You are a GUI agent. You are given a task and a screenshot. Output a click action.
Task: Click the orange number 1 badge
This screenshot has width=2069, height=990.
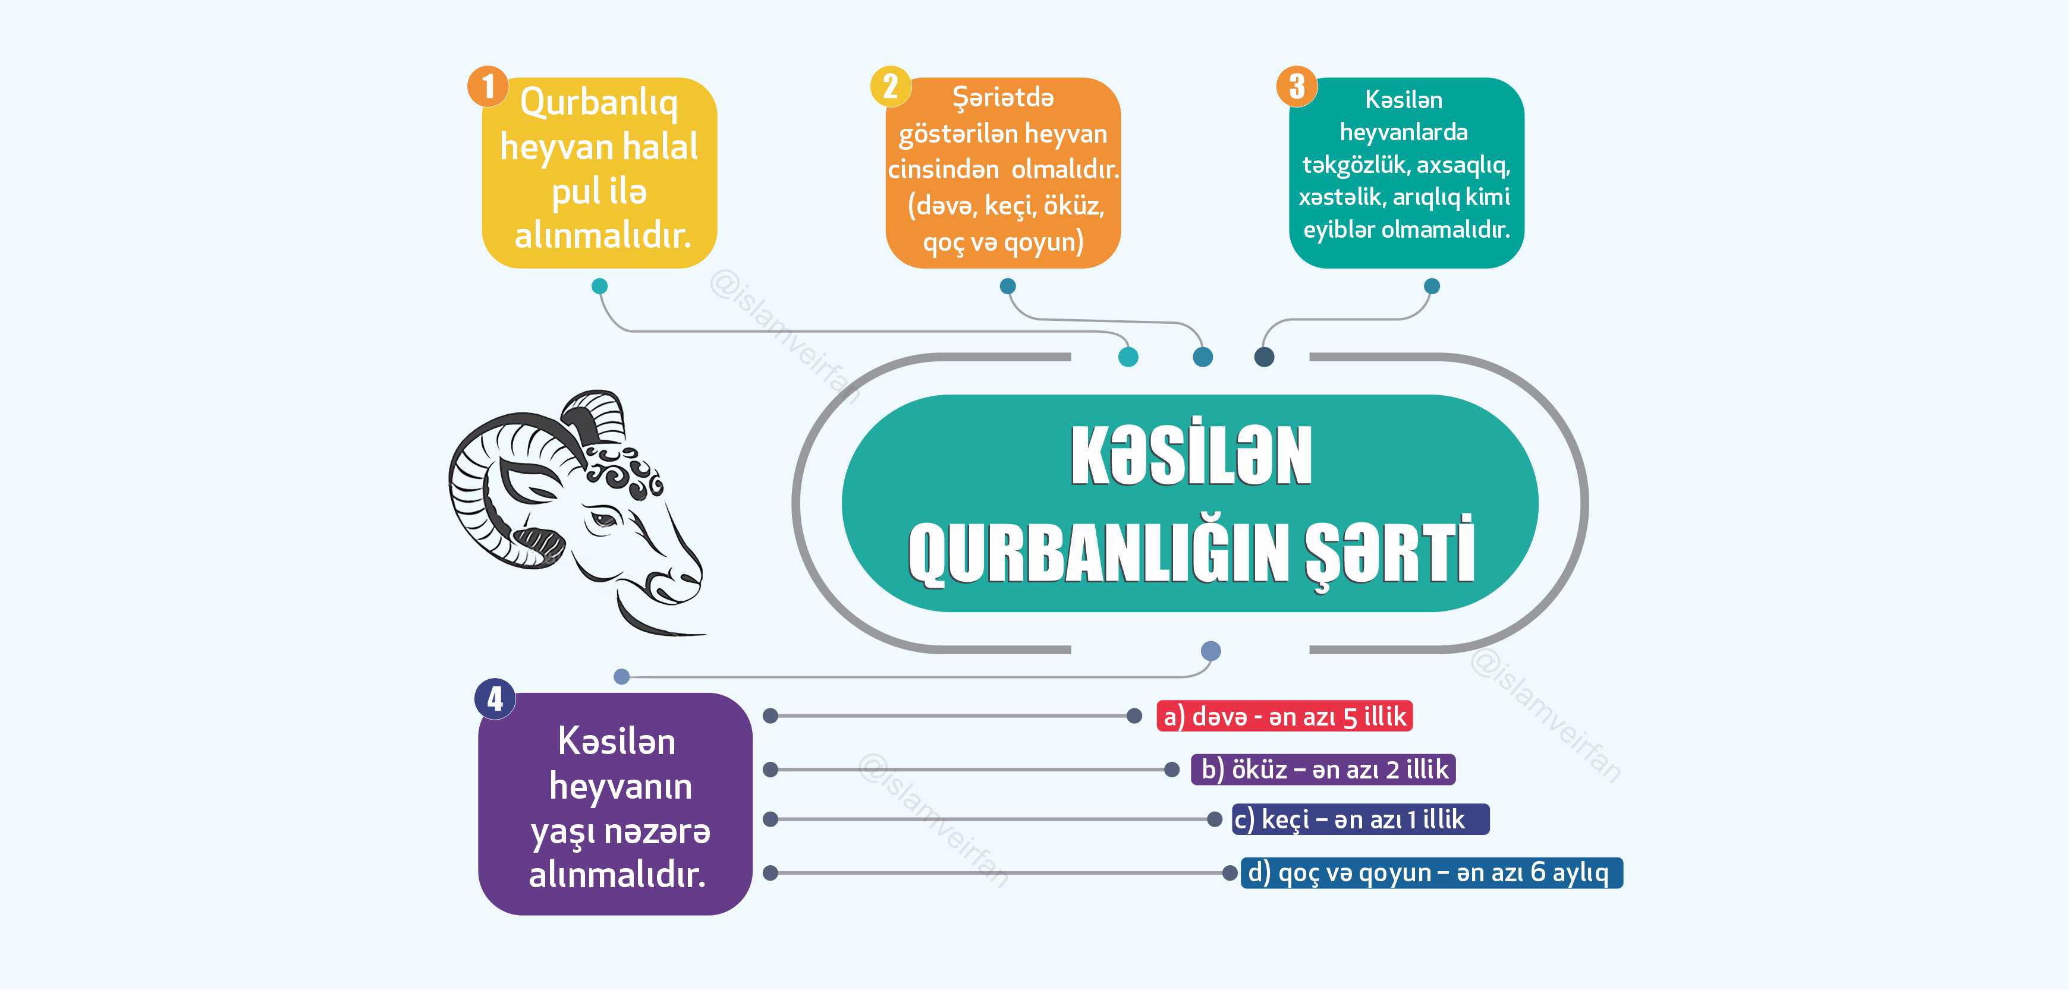[488, 86]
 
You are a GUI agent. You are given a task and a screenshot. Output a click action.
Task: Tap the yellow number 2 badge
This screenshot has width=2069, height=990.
[891, 86]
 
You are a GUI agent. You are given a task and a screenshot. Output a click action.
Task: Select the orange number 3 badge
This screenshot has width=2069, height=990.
[1296, 86]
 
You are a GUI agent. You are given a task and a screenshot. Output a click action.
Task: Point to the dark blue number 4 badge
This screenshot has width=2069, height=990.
[495, 699]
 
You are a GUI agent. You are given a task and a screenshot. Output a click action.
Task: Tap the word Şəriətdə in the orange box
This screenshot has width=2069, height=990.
[1002, 99]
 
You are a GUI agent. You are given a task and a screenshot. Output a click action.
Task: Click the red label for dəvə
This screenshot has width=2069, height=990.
[1284, 716]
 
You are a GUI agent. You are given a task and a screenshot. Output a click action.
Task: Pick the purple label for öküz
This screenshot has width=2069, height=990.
[1323, 769]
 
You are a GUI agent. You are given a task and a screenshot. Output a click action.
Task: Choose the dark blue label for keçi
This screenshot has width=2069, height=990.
[1360, 819]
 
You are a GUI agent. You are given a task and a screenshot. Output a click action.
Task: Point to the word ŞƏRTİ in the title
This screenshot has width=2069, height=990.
[1389, 553]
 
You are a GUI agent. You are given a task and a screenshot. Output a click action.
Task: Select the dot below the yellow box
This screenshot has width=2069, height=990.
[599, 286]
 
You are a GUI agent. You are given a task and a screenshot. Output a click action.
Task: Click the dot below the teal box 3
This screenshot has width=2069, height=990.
[1431, 286]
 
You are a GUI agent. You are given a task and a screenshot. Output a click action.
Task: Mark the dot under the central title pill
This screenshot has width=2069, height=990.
[1210, 650]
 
